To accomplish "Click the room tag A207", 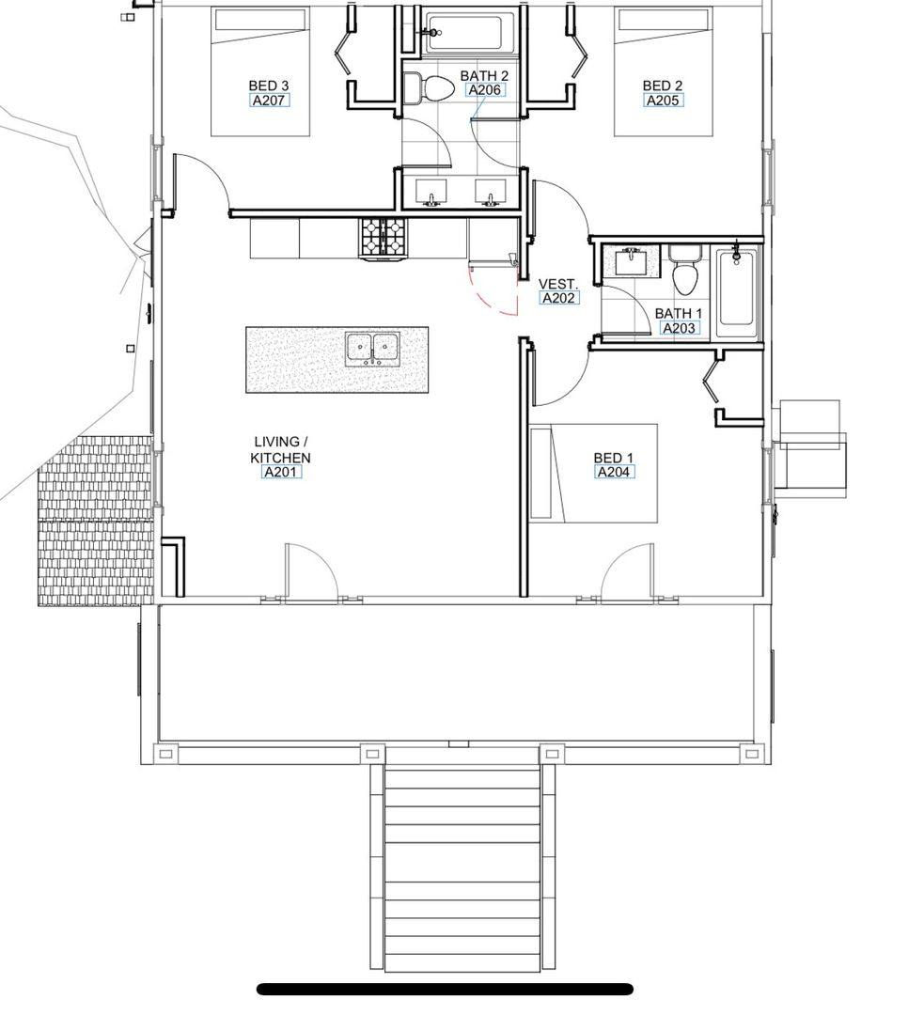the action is click(270, 101).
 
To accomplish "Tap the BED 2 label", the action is click(662, 86).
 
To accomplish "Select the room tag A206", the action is click(484, 90).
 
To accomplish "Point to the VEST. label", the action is click(557, 284).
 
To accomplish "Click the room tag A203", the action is click(679, 328).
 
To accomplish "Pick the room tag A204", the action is click(613, 472).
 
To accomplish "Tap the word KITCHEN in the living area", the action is click(280, 458).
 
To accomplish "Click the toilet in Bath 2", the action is click(428, 87).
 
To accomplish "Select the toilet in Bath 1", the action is click(684, 270).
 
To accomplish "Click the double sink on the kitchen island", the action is click(371, 349).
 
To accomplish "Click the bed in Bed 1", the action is click(594, 473).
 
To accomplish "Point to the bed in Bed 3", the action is click(260, 71).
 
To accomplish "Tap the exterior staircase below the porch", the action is click(462, 867).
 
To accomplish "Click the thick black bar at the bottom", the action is click(445, 989).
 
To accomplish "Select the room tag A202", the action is click(558, 299).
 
